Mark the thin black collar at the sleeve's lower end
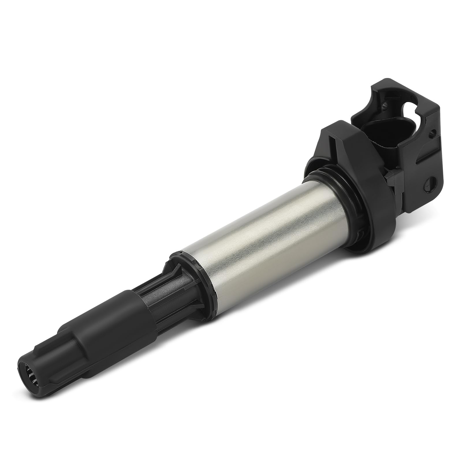196,286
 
